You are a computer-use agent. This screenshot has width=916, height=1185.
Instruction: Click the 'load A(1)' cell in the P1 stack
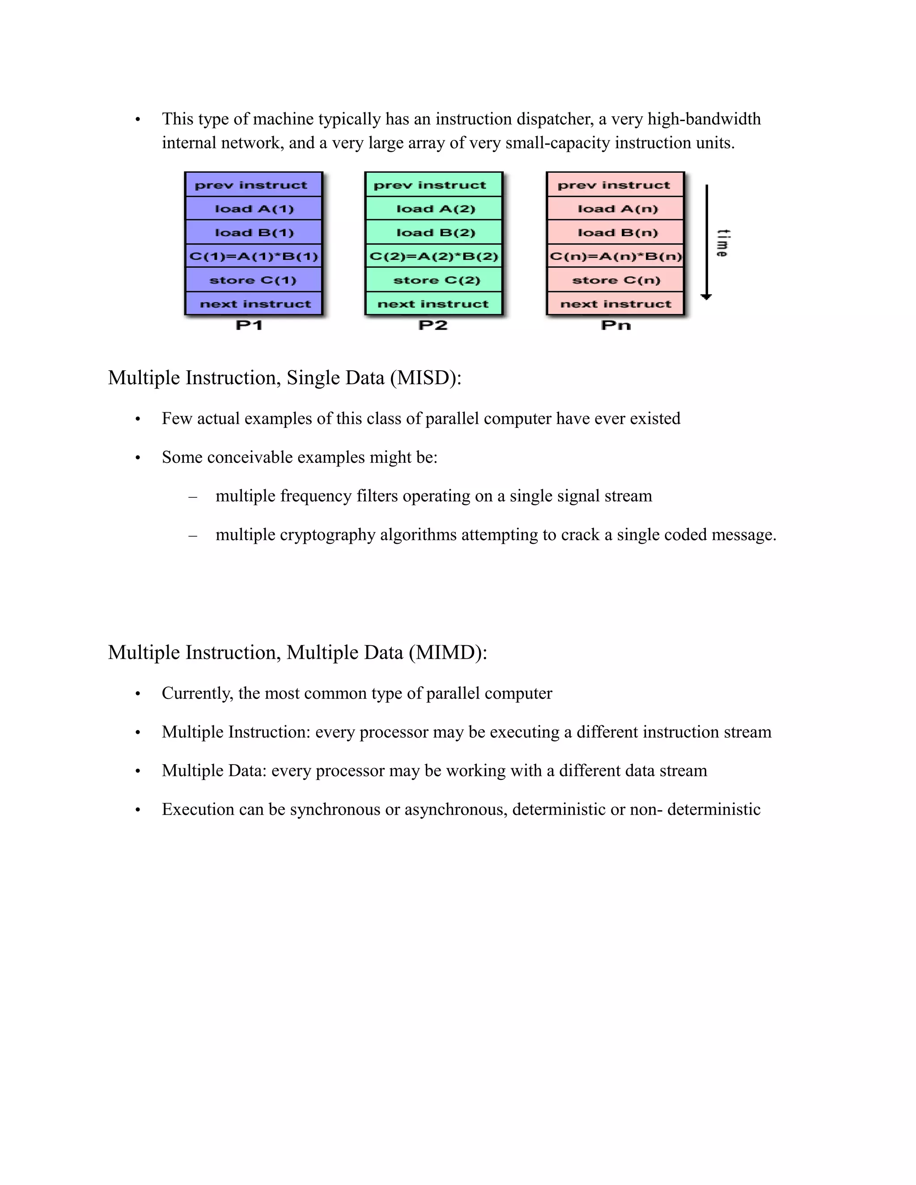point(254,209)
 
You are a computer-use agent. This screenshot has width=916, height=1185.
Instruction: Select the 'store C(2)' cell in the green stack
point(436,280)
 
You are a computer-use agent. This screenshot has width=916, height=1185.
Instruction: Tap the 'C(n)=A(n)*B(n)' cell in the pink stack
point(615,256)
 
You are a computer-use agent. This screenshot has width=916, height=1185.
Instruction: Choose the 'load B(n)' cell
point(617,233)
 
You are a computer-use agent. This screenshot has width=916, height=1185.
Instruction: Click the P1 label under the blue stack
point(249,326)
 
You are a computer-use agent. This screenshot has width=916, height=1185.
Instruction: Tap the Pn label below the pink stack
point(616,326)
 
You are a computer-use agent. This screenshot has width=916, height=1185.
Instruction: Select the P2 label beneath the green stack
point(433,326)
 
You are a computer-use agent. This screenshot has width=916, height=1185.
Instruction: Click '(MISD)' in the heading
point(425,378)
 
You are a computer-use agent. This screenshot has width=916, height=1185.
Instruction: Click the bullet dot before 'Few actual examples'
point(138,419)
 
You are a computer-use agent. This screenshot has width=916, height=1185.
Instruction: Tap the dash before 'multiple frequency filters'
point(192,496)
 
